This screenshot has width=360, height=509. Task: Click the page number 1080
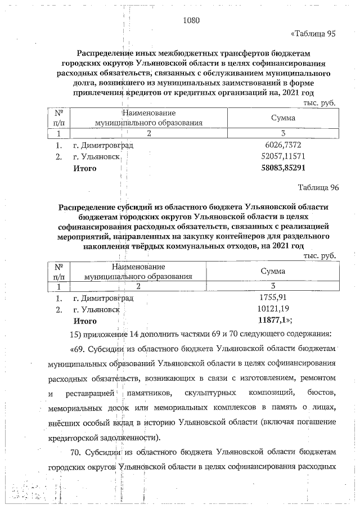(191, 21)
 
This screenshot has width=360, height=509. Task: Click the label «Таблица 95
(312, 34)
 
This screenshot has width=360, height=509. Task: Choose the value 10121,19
(273, 309)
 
